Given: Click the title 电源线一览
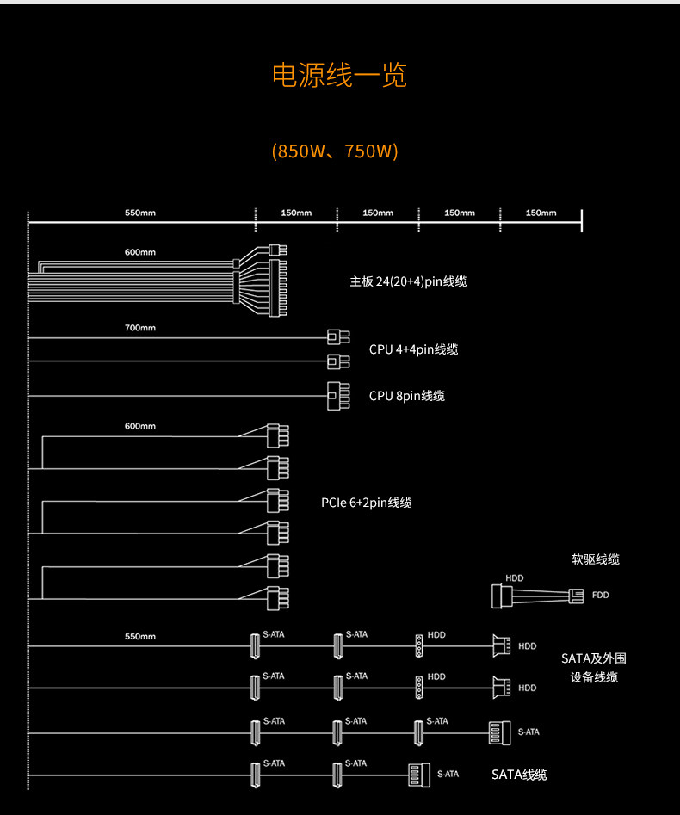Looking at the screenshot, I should tap(339, 76).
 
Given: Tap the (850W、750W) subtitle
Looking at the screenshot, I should tap(335, 151).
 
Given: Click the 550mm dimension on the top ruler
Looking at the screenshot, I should tap(140, 213).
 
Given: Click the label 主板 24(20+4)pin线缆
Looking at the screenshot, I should tap(408, 281).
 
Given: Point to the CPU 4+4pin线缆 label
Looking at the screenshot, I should tap(413, 349).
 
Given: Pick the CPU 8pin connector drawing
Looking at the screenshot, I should tap(337, 397).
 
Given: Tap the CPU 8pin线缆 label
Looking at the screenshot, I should tap(406, 396).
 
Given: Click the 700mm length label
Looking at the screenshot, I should tap(140, 328).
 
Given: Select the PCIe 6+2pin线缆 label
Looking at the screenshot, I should tap(366, 503).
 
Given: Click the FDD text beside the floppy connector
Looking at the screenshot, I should tap(601, 595).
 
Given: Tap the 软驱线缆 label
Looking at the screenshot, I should tap(595, 559).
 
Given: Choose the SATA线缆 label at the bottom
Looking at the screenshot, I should tap(518, 775).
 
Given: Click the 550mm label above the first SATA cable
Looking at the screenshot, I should tap(140, 637).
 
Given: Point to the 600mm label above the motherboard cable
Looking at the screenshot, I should tap(140, 252).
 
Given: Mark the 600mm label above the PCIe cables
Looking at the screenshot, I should tap(140, 427).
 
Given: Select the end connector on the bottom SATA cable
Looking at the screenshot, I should tap(417, 775).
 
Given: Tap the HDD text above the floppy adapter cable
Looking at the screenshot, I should tap(514, 578).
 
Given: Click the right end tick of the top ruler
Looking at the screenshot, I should tap(582, 220).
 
